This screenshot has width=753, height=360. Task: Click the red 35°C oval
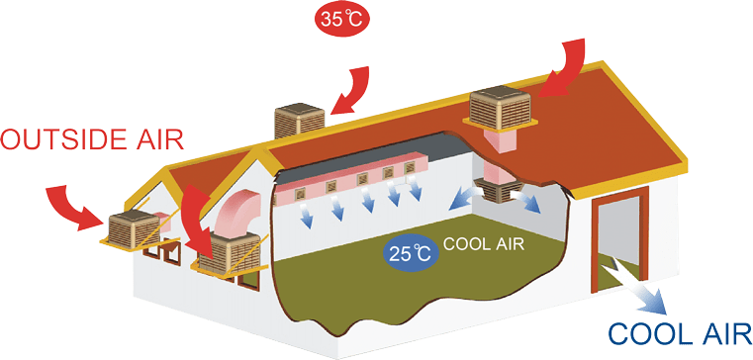[x=340, y=18]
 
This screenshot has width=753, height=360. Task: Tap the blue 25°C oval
[x=409, y=251]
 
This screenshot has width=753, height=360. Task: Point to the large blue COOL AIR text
[x=679, y=333]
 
